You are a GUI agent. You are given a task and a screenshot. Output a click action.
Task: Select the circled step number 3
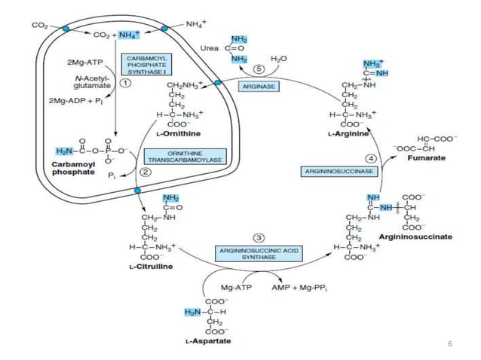258,238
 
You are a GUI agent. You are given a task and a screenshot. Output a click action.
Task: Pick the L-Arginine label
348,133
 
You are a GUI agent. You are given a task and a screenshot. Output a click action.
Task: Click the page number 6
449,343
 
